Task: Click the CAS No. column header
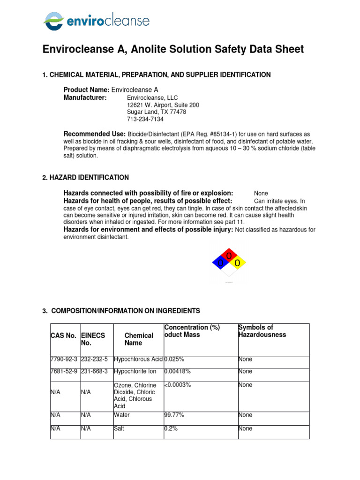[63, 336]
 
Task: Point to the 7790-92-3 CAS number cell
[64, 359]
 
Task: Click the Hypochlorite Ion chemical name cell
[136, 371]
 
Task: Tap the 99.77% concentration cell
[174, 415]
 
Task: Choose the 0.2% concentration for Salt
[171, 428]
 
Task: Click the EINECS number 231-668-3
[95, 371]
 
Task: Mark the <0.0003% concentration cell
[178, 385]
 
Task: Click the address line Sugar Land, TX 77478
[157, 112]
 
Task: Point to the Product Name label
[86, 90]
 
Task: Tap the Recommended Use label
[94, 134]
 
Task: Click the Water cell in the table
[122, 415]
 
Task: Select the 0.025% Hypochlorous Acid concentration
[174, 359]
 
